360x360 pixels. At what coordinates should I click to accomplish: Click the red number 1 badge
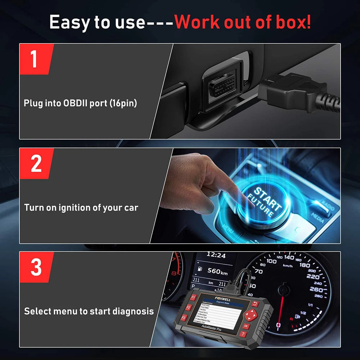(35, 59)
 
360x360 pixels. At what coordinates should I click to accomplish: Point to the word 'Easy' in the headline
(69, 23)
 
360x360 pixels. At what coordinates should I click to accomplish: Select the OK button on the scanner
(246, 326)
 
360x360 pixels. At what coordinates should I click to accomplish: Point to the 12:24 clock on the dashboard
(216, 255)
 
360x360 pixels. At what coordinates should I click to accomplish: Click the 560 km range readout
(218, 272)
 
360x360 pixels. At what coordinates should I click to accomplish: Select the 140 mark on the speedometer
(289, 257)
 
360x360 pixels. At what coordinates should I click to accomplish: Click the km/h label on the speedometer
(288, 266)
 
